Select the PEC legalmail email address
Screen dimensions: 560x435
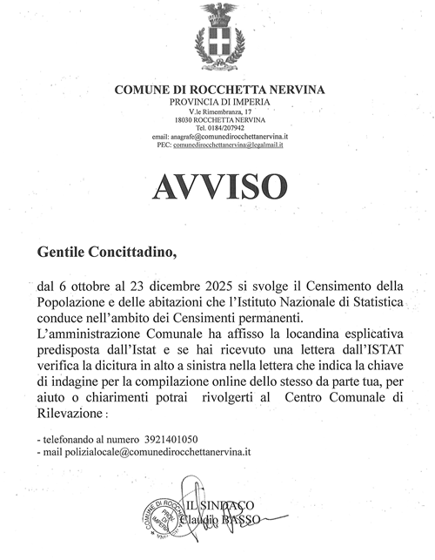point(234,145)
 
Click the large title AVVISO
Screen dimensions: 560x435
point(217,186)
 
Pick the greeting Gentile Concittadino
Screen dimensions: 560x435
point(106,253)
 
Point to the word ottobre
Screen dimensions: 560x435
point(92,287)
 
